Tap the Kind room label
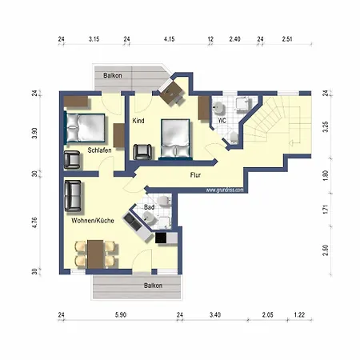(x=139, y=120)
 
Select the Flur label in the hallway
(x=194, y=174)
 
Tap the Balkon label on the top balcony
(x=113, y=75)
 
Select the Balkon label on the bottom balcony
(x=153, y=286)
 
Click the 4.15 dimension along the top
(x=169, y=38)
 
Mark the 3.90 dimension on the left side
(x=34, y=133)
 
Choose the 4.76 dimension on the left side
(x=34, y=222)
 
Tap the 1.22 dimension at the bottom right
(x=298, y=316)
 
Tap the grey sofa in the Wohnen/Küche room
(x=72, y=194)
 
